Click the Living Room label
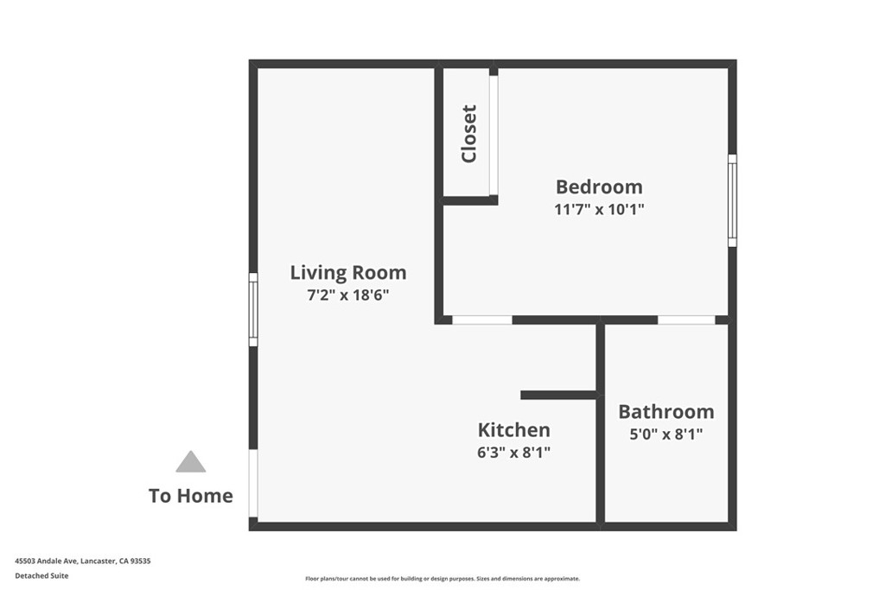(347, 273)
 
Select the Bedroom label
(599, 187)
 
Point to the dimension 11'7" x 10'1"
(599, 209)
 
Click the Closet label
(469, 134)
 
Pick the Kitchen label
(513, 429)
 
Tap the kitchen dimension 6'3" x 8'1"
(513, 452)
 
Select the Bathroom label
(665, 411)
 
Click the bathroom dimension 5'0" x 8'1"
(665, 435)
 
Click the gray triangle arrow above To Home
(191, 462)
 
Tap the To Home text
(191, 496)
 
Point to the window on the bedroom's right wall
(732, 200)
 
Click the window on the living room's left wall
(253, 309)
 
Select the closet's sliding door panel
(493, 136)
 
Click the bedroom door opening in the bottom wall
(482, 320)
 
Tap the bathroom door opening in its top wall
(686, 320)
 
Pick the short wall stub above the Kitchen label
(558, 395)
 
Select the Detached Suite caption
(41, 575)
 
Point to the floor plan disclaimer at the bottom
(442, 579)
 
